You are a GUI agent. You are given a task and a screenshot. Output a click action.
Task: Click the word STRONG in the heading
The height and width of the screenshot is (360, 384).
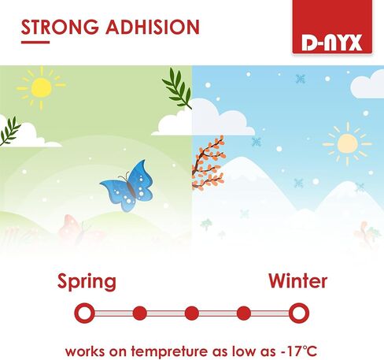point(60,27)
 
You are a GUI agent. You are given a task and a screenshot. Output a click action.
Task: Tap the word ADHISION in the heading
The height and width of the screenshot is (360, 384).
point(153,27)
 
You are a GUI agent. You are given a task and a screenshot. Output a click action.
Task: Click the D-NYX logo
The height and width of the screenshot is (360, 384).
point(332,27)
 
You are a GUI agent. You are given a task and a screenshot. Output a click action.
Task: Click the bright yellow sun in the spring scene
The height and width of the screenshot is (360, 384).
point(41,88)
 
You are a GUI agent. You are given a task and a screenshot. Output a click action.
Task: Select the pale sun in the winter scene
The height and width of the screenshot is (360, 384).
point(348,143)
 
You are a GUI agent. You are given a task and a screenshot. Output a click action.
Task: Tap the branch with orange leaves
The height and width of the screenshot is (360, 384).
point(209,162)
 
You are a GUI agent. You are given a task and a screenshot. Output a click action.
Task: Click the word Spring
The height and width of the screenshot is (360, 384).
point(87,282)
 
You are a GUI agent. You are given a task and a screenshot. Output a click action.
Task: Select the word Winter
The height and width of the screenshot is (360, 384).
point(298,281)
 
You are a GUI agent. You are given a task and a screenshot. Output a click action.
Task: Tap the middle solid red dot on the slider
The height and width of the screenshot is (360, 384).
point(192,314)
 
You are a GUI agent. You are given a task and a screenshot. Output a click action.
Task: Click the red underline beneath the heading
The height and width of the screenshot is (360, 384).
point(35,42)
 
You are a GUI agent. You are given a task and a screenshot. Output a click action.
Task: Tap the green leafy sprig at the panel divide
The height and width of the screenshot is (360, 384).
point(178,88)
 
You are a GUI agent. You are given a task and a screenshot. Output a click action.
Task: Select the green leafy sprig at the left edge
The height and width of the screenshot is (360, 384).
point(10,132)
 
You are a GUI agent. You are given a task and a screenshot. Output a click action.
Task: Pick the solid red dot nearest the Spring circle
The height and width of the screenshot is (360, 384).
point(140,314)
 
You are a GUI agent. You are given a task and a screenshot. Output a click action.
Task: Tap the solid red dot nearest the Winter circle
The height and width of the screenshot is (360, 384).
point(244,314)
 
